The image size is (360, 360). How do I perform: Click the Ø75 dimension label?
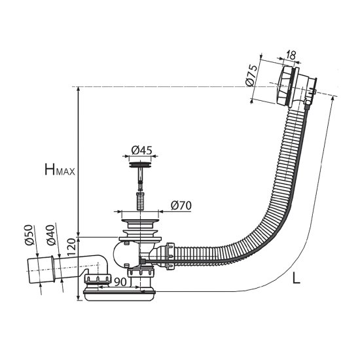[x=251, y=75]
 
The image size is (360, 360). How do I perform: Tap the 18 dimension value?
[x=291, y=55]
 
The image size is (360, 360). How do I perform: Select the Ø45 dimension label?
[x=141, y=150]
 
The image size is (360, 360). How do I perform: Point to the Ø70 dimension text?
[x=181, y=206]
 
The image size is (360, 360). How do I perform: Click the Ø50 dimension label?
[x=29, y=235]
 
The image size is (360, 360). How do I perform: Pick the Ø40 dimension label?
[x=50, y=235]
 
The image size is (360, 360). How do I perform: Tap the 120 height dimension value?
[x=71, y=247]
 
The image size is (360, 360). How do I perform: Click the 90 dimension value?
[x=120, y=282]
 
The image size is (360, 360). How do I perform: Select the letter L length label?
[x=296, y=278]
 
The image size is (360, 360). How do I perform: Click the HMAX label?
[x=60, y=170]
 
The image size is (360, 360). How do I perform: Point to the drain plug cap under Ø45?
[x=140, y=164]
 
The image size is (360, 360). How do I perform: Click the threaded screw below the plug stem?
[x=140, y=202]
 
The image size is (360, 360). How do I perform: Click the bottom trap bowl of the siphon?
[x=119, y=296]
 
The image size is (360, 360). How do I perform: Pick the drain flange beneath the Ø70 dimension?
[x=140, y=223]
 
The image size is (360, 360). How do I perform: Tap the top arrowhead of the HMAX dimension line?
[x=79, y=89]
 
